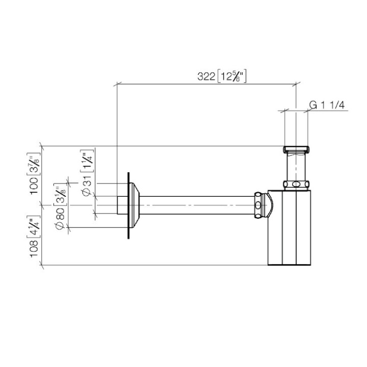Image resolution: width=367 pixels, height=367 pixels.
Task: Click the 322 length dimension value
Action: click(206, 76)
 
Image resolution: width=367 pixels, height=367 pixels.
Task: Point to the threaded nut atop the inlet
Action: click(296, 150)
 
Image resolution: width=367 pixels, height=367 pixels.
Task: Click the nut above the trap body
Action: click(296, 185)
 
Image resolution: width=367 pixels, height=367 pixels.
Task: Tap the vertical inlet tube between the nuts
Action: click(296, 167)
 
